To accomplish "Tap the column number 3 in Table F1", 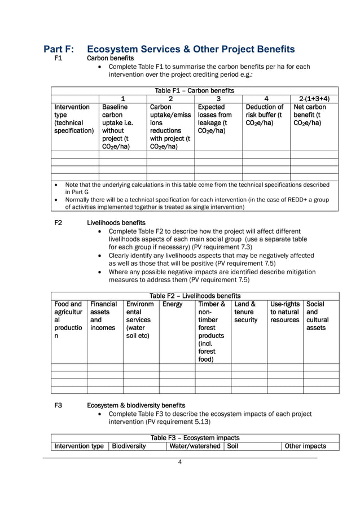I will (x=218, y=99).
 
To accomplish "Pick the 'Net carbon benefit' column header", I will (x=310, y=115).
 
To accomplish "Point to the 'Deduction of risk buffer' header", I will (x=265, y=115).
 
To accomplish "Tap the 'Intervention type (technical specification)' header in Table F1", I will (x=73, y=119).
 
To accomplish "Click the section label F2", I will (x=58, y=223).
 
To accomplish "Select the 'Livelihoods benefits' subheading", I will (x=116, y=223).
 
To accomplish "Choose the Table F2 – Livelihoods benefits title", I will (x=195, y=296).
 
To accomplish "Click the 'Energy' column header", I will (x=172, y=304).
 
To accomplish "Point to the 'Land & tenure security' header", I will (x=246, y=312).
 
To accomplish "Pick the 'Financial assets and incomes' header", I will (x=104, y=316).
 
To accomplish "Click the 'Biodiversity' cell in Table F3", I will (x=129, y=446).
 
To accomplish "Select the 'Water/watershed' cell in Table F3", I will (x=194, y=446).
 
